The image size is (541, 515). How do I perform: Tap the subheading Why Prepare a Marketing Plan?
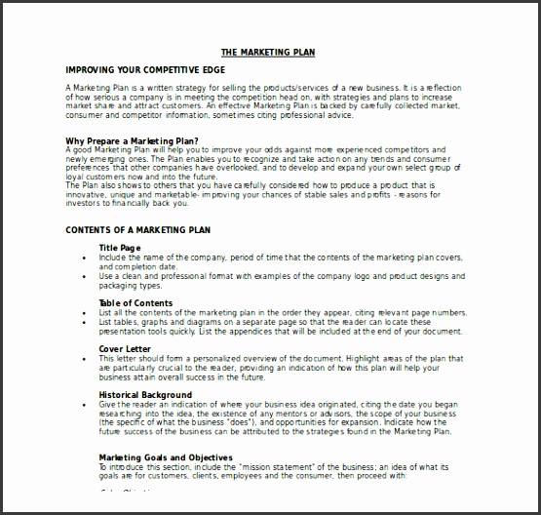127,140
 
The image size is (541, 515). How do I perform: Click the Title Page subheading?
122,248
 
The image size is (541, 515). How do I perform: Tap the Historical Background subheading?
144,394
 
